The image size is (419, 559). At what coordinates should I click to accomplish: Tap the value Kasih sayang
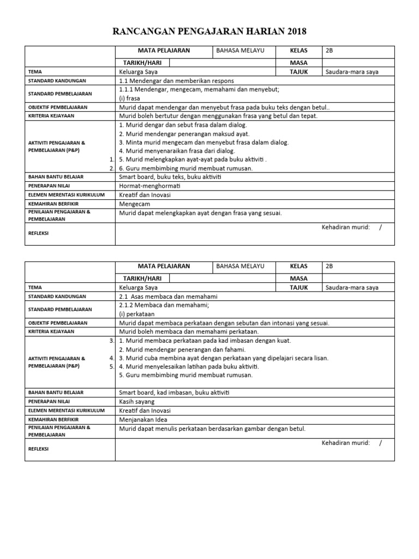tap(136, 401)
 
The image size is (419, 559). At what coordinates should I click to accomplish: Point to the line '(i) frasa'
tap(129, 98)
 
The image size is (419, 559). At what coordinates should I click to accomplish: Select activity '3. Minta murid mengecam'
tap(203, 142)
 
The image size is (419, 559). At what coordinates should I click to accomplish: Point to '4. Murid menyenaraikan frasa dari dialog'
tap(177, 151)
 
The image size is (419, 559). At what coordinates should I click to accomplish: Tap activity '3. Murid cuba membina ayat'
tap(217, 358)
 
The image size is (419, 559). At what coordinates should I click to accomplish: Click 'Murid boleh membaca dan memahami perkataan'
tap(189, 331)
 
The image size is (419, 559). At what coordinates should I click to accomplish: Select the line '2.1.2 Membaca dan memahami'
tap(164, 305)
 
